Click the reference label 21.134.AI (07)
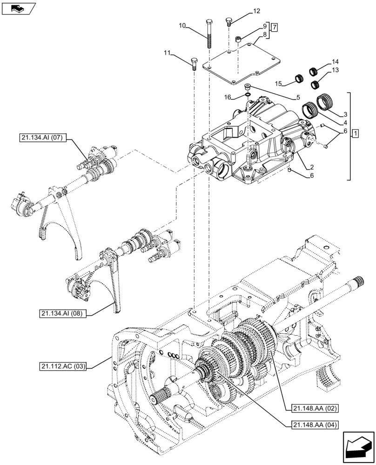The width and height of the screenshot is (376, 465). point(44,137)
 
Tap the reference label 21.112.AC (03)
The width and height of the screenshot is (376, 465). point(63,367)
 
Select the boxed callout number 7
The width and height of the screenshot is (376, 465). point(275,27)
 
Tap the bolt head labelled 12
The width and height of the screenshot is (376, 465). point(228,20)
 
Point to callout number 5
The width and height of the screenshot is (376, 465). point(296,97)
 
